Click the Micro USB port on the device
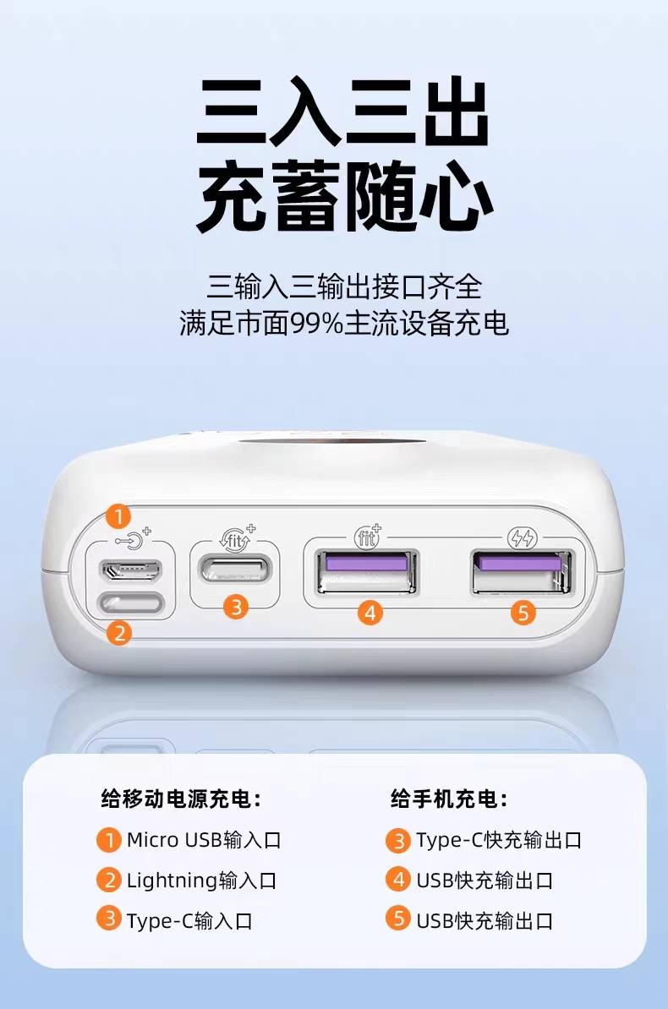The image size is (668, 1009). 130,570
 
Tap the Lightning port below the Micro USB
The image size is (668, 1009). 130,603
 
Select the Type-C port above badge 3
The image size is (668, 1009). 235,570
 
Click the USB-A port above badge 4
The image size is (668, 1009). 366,571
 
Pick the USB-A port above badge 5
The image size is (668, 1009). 522,571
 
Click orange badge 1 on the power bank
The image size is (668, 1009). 118,515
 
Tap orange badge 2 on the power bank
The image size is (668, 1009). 119,633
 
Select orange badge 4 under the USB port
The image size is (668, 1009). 370,613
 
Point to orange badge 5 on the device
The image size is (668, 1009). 523,613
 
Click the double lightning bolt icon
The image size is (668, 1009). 522,537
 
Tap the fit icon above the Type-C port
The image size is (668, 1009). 237,538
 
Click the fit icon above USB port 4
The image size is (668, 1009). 368,536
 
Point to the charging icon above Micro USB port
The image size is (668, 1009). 133,539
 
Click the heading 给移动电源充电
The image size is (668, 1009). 182,799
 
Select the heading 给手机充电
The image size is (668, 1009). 449,799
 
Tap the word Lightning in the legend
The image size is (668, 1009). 172,881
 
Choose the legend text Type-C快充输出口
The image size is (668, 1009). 499,840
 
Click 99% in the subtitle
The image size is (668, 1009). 316,323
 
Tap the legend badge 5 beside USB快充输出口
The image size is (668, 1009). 398,919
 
